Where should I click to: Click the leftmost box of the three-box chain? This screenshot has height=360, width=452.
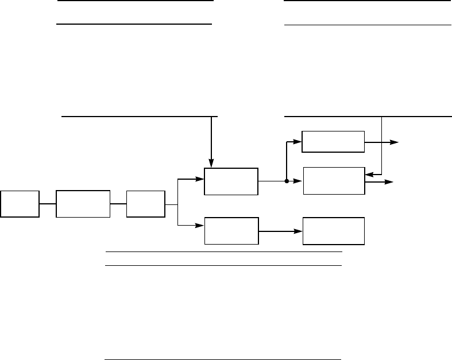20,203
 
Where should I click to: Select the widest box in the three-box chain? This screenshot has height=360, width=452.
83,203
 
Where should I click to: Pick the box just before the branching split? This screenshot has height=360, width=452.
145,203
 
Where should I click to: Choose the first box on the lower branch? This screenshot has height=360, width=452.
231,231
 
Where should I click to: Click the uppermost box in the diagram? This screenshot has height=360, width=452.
333,142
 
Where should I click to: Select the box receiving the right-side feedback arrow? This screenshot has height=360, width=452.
333,181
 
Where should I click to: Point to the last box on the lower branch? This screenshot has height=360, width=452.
333,231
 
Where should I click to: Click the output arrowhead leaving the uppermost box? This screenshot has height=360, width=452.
395,142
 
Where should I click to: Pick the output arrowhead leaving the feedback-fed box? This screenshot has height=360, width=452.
390,182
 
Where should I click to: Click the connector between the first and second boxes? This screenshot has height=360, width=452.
47,203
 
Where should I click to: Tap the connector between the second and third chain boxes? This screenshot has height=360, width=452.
118,203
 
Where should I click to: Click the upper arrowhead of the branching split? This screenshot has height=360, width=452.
202,179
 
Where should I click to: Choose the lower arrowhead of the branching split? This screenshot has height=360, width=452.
202,225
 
